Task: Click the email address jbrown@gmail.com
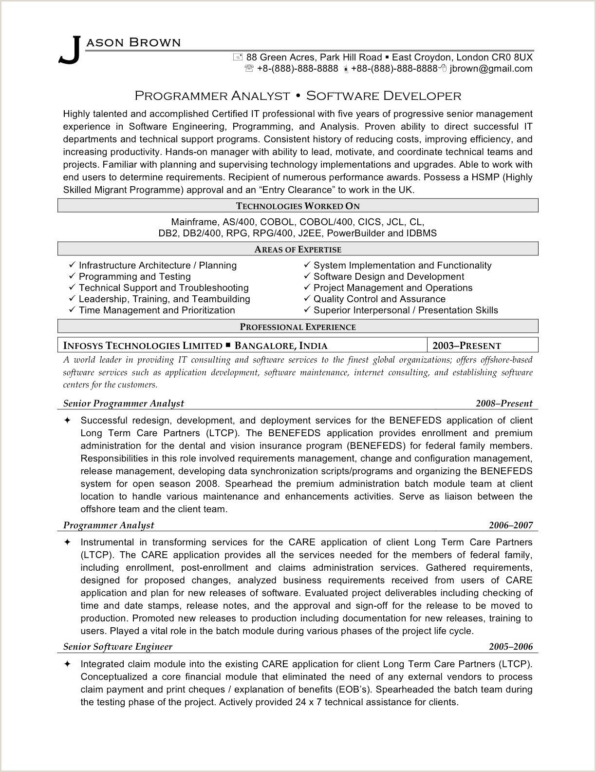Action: point(491,69)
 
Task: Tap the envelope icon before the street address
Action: point(238,57)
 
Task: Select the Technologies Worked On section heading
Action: point(298,206)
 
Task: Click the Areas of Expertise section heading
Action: point(298,250)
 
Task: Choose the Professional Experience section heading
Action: point(298,327)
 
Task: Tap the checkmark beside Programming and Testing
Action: point(72,276)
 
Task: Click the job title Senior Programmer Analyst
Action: point(124,404)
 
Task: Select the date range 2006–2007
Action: point(511,525)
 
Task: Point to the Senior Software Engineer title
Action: point(118,647)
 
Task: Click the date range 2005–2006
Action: point(511,647)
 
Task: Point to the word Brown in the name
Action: point(155,42)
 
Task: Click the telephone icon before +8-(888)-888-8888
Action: point(249,69)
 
